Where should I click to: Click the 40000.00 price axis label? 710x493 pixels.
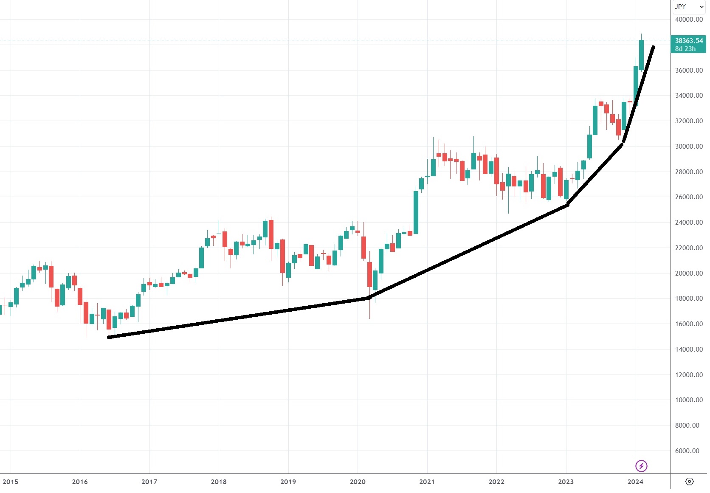pyautogui.click(x=689, y=20)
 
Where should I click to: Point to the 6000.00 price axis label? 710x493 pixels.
pyautogui.click(x=687, y=451)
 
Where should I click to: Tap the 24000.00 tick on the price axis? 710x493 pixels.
pyautogui.click(x=689, y=223)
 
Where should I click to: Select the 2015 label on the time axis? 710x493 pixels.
pyautogui.click(x=10, y=482)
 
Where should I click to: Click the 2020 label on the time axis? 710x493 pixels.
pyautogui.click(x=358, y=482)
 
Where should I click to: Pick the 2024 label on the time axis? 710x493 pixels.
pyautogui.click(x=635, y=482)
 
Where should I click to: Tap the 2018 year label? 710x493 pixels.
pyautogui.click(x=219, y=482)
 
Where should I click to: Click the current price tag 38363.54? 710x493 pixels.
pyautogui.click(x=689, y=41)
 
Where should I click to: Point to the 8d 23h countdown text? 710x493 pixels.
pyautogui.click(x=685, y=49)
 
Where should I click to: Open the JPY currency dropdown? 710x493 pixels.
pyautogui.click(x=689, y=7)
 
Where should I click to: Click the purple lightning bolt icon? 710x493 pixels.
pyautogui.click(x=641, y=466)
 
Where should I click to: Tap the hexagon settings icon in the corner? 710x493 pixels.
pyautogui.click(x=690, y=482)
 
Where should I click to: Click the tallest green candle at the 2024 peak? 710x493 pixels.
pyautogui.click(x=641, y=54)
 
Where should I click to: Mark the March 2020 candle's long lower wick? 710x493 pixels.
pyautogui.click(x=369, y=308)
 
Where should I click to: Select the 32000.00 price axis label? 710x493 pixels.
pyautogui.click(x=689, y=121)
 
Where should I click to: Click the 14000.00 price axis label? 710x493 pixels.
pyautogui.click(x=689, y=349)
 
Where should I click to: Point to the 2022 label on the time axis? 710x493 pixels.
pyautogui.click(x=496, y=482)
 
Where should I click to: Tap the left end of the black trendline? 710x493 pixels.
pyautogui.click(x=109, y=337)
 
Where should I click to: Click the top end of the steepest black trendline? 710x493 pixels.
pyautogui.click(x=653, y=47)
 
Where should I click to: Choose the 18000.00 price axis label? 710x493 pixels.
pyautogui.click(x=689, y=299)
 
